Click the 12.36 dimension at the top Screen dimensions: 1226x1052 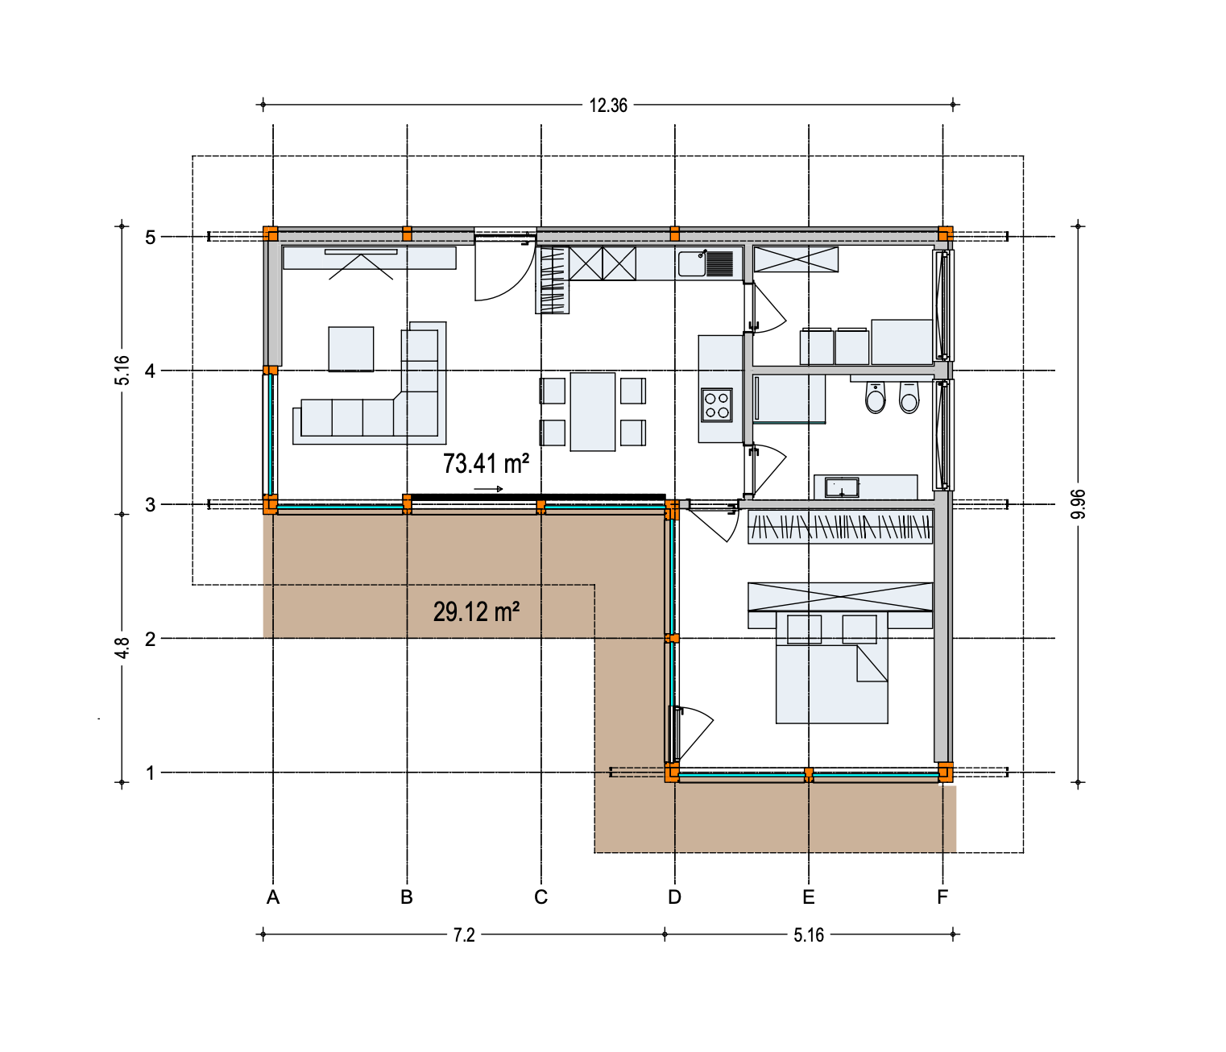pos(607,106)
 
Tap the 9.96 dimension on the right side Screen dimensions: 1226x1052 pos(1078,503)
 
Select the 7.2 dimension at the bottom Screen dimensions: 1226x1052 pos(464,935)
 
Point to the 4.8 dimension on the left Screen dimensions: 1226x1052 pos(122,647)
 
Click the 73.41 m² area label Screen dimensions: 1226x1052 pos(486,464)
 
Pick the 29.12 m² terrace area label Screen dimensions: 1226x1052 pos(476,612)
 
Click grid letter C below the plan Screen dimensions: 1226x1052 pos(541,897)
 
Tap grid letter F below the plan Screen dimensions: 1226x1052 pos(942,897)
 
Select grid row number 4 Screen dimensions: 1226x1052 pos(150,371)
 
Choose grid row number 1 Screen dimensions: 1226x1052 pos(150,772)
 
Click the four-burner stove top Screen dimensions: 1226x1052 pos(716,406)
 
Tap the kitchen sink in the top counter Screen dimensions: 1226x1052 pos(692,263)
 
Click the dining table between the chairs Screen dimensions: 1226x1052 pos(593,412)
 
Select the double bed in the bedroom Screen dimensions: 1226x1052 pos(831,667)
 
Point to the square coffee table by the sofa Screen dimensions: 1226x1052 pos(351,350)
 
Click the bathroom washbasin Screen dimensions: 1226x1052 pos(842,487)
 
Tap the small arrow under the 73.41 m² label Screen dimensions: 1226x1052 pos(488,489)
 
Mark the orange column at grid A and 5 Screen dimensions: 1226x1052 pos(271,234)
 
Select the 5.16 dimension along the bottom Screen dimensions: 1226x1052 pos(809,935)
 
